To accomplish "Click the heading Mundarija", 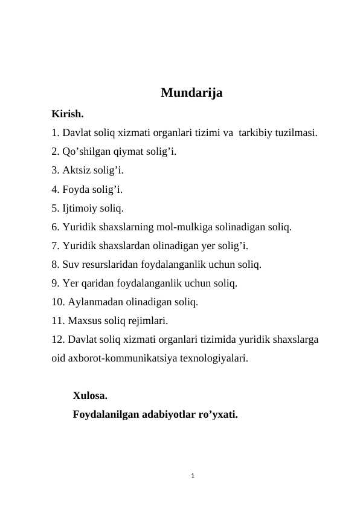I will click(x=191, y=93).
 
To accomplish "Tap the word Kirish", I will click(x=68, y=114).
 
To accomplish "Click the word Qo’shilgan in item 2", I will click(x=86, y=151).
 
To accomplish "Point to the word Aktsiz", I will click(x=76, y=170).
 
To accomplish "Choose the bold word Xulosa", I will click(x=90, y=397).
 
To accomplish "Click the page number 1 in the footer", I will click(x=191, y=476).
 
